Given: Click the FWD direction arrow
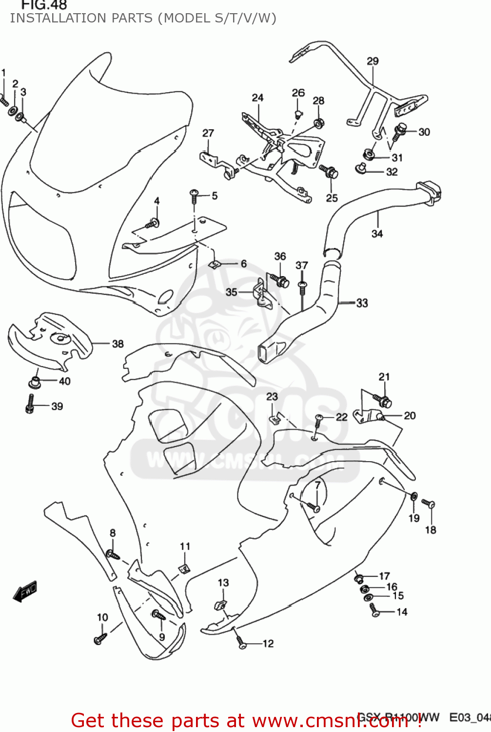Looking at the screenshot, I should coord(25,591).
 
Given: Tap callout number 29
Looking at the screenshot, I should coord(373,61).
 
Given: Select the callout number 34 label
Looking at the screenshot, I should coord(377,234).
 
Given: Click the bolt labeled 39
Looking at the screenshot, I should coord(30,404).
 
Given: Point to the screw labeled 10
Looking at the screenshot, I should coord(100,638).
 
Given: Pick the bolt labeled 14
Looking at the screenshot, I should coord(374,610).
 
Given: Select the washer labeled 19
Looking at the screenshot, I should coord(413,496).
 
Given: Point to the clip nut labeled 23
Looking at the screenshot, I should coord(275,418).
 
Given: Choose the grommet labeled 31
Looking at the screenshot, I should coord(369,155).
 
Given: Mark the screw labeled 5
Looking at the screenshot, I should coord(194,196).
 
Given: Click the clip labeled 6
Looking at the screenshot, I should coord(214,264).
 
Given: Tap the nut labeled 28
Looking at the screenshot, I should coord(319,123).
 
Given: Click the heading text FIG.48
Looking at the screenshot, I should coord(44,5).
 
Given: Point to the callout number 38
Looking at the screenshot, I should coord(118,344).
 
